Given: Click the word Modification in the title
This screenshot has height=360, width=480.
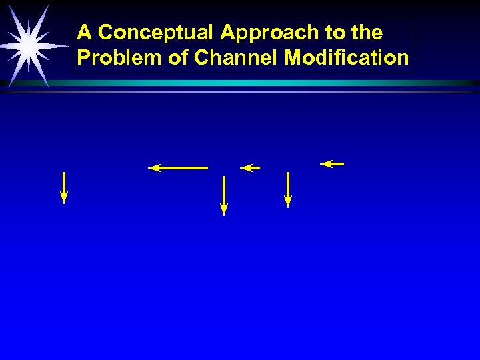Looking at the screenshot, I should pos(347,57).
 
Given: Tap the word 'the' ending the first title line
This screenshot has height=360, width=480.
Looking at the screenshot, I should pos(366,32).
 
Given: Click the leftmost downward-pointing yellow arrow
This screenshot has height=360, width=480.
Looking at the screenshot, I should pos(64,187).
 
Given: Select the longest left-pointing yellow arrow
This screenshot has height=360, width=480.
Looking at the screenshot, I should pos(178,168).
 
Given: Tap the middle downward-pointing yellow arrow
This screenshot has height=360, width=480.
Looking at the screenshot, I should pos(224,195).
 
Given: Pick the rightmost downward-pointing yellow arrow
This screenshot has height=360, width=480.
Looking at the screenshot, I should pos(288,189).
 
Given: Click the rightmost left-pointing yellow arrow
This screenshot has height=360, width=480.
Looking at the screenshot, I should pos(332,163).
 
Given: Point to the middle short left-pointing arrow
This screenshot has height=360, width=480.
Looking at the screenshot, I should pos(250,168).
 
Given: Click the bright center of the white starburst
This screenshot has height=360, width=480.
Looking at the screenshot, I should pos(28,45).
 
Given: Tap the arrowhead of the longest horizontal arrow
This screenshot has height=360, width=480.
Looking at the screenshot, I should pos(154,168).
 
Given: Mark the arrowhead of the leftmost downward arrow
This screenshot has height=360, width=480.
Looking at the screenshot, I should pos(64,197).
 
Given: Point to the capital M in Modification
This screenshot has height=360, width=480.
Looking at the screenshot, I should pos(291,57).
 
